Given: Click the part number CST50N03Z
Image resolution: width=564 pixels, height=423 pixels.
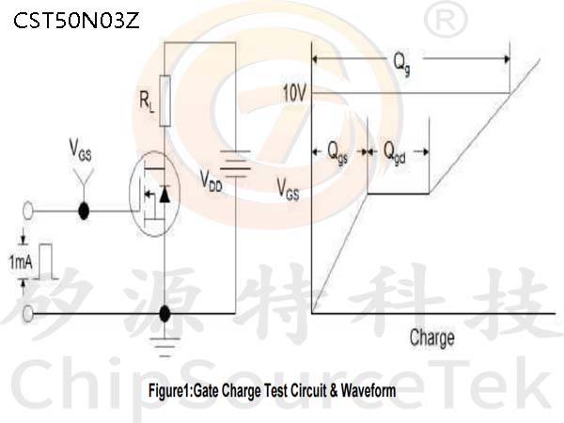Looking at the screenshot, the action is (x=76, y=21).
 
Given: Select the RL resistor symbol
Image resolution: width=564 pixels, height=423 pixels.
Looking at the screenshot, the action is (x=164, y=102).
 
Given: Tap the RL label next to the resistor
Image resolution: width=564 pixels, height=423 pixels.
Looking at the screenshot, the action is (x=147, y=102).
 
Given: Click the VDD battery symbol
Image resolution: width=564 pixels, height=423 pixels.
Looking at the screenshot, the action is (x=235, y=164).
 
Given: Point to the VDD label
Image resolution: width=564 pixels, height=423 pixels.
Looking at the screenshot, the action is (x=211, y=180).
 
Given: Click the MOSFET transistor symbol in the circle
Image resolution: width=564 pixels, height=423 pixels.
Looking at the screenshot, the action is (x=155, y=194).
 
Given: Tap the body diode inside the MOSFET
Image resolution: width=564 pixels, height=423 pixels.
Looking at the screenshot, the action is (x=164, y=194).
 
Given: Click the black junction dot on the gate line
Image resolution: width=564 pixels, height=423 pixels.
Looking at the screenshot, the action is (x=84, y=211).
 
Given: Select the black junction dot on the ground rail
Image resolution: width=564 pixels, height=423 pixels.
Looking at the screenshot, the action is (x=164, y=314).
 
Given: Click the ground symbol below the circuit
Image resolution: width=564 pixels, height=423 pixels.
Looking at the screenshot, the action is (x=164, y=347).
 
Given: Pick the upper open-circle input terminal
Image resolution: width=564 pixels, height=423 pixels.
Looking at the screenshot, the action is (x=27, y=211).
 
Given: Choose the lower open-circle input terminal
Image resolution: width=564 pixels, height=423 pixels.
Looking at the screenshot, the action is (x=27, y=314).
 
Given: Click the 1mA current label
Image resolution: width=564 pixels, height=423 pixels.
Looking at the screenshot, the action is (x=21, y=262).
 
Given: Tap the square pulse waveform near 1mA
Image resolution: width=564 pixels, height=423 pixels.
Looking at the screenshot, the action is (x=46, y=261).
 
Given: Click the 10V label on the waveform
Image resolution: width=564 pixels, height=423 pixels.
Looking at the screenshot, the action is (x=294, y=93).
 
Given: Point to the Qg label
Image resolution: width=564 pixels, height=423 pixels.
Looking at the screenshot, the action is (x=401, y=64).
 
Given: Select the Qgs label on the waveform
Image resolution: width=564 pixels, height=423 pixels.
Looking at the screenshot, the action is (x=337, y=153).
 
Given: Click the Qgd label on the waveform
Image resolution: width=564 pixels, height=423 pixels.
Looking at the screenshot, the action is (x=395, y=153).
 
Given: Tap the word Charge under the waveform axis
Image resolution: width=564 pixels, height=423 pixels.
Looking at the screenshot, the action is (x=432, y=338).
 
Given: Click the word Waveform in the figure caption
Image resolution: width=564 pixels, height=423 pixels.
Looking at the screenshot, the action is (x=368, y=391).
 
